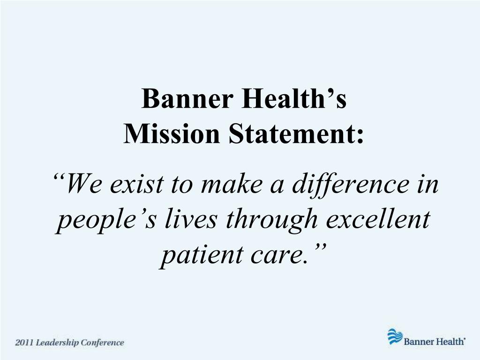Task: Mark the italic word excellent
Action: (x=377, y=219)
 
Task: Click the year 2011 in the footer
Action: (x=25, y=343)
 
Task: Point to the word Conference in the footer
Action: (x=102, y=343)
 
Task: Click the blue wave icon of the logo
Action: (x=395, y=337)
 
